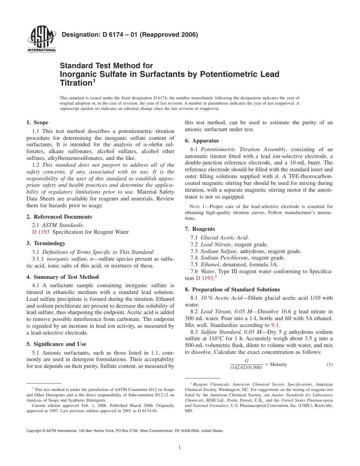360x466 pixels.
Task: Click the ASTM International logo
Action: pyautogui.click(x=42, y=39)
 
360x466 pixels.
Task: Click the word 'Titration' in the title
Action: pyautogui.click(x=75, y=83)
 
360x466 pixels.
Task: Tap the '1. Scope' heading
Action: pyautogui.click(x=37, y=122)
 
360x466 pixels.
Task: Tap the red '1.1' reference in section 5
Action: pyautogui.click(x=155, y=352)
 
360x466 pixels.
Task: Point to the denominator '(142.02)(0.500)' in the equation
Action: pyautogui.click(x=246, y=367)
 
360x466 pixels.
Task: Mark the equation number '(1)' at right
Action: pyautogui.click(x=329, y=364)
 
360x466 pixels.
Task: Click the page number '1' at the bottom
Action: pyautogui.click(x=180, y=447)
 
